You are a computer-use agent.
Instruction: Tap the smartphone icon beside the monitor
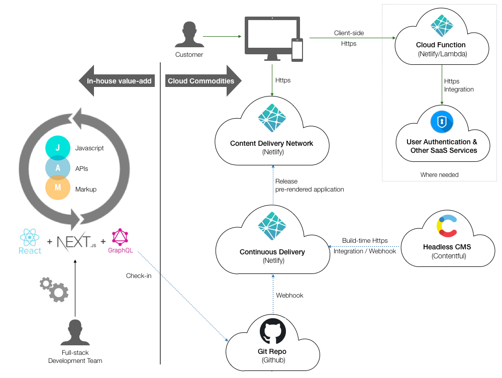click(297, 50)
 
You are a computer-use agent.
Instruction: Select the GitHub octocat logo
click(272, 331)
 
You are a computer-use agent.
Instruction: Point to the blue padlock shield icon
click(442, 122)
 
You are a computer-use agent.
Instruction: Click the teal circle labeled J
click(58, 148)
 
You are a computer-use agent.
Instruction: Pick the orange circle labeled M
click(58, 188)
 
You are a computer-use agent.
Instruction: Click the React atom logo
click(30, 237)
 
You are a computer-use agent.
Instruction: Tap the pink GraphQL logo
click(120, 238)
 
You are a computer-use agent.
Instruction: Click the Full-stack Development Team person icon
click(75, 333)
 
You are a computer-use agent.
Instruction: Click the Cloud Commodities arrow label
click(201, 81)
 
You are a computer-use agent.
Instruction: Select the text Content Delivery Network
click(271, 143)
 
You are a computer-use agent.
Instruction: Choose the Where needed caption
click(439, 174)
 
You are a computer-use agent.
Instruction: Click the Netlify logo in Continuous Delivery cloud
click(272, 226)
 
